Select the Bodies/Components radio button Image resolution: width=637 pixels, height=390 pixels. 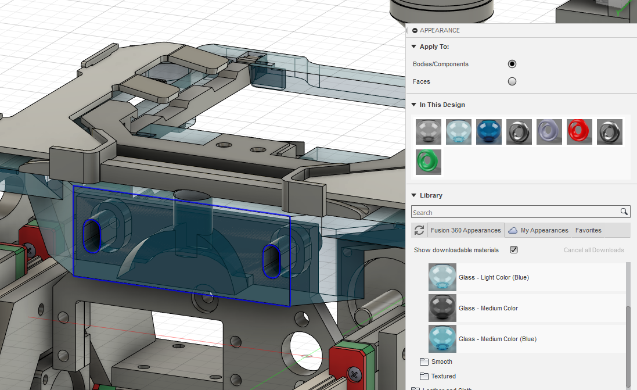[x=512, y=64]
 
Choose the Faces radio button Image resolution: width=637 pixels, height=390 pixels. [x=512, y=81]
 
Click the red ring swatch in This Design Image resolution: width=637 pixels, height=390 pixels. [x=580, y=132]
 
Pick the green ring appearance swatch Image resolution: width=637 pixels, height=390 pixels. [x=429, y=162]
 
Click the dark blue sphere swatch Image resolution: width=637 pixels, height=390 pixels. [x=489, y=132]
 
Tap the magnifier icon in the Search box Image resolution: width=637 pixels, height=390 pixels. [x=624, y=212]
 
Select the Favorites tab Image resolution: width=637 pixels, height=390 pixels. [x=588, y=230]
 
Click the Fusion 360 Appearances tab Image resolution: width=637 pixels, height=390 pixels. [x=465, y=230]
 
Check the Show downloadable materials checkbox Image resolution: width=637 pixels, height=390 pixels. [x=514, y=250]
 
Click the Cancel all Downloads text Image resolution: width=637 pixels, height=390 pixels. [x=593, y=250]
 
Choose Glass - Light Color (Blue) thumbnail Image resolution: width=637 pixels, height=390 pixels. [x=442, y=277]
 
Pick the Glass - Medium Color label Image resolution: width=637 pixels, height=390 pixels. [x=488, y=308]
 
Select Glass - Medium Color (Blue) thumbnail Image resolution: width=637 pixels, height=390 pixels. [x=442, y=339]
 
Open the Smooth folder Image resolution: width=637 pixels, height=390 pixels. [x=441, y=362]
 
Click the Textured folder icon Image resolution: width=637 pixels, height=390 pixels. [x=424, y=376]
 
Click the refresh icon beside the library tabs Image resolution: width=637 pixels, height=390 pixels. [x=419, y=231]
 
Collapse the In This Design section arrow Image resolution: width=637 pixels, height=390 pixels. [x=414, y=105]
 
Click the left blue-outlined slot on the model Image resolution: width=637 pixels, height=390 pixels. [x=92, y=235]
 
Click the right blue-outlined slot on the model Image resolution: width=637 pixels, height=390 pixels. [x=272, y=260]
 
